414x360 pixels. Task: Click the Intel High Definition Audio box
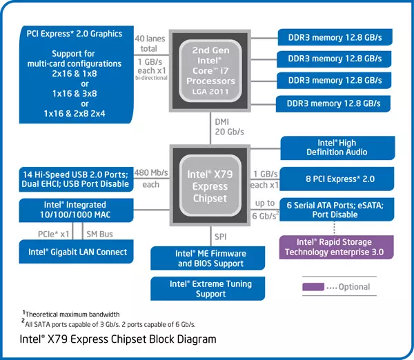coord(337,147)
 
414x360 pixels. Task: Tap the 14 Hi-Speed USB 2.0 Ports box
coord(76,179)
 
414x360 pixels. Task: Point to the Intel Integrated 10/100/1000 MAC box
coord(76,209)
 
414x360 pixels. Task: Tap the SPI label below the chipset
coord(221,236)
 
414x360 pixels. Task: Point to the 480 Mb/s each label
coord(150,179)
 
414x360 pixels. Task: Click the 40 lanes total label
coord(150,43)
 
